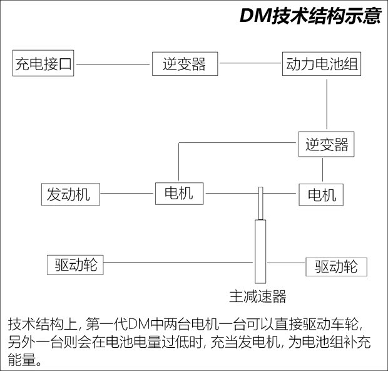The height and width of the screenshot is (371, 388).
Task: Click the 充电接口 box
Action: coord(44,65)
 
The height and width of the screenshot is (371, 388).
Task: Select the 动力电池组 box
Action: coord(322,65)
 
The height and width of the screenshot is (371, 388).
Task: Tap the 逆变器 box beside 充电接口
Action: coord(185,65)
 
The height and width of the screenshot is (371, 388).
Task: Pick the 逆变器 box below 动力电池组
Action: coord(323,145)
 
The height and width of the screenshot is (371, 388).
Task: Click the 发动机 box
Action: coord(69,194)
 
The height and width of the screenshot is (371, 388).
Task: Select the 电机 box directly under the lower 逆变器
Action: coord(322,194)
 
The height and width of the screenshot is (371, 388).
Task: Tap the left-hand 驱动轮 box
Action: coord(76,264)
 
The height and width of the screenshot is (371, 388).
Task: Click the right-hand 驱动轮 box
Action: coord(336,266)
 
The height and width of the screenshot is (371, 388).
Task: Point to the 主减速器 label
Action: coord(257,295)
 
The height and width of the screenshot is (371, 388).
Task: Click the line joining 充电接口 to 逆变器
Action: coord(113,65)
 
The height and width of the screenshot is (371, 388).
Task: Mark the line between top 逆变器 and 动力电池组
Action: coord(250,65)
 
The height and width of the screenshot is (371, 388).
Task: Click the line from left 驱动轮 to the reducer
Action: coord(178,263)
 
